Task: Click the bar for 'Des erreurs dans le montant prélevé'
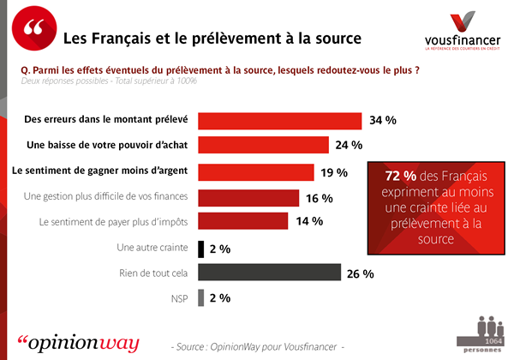(x=279, y=121)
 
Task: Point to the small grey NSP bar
(x=201, y=298)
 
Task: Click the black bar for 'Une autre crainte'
(x=201, y=249)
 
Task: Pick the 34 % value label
(x=383, y=121)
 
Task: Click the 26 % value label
(x=361, y=274)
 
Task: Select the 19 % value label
(x=333, y=172)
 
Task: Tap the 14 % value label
(x=308, y=222)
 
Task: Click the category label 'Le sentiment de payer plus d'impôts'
(x=114, y=222)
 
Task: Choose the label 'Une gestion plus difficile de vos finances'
(x=106, y=197)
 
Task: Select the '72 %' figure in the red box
(x=392, y=175)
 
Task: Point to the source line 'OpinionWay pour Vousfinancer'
(x=257, y=346)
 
